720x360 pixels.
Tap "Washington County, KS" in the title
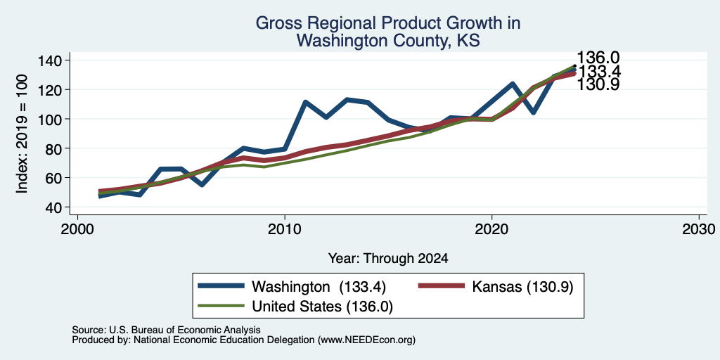tap(388, 40)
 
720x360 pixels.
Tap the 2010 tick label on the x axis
tap(285, 229)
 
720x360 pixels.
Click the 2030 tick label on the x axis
tap(699, 229)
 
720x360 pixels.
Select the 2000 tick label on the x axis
tap(77, 229)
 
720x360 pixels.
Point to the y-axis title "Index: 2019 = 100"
tap(22, 134)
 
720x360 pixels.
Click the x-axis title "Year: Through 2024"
tap(388, 259)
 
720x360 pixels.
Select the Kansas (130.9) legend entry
tap(496, 287)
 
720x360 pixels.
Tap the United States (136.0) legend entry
tap(295, 307)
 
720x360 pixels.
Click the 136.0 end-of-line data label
tap(598, 58)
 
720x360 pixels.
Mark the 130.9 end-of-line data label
tap(598, 84)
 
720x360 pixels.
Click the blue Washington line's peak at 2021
tap(513, 84)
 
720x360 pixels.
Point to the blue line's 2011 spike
tap(305, 102)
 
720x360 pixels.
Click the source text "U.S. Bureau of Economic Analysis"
tap(185, 330)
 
